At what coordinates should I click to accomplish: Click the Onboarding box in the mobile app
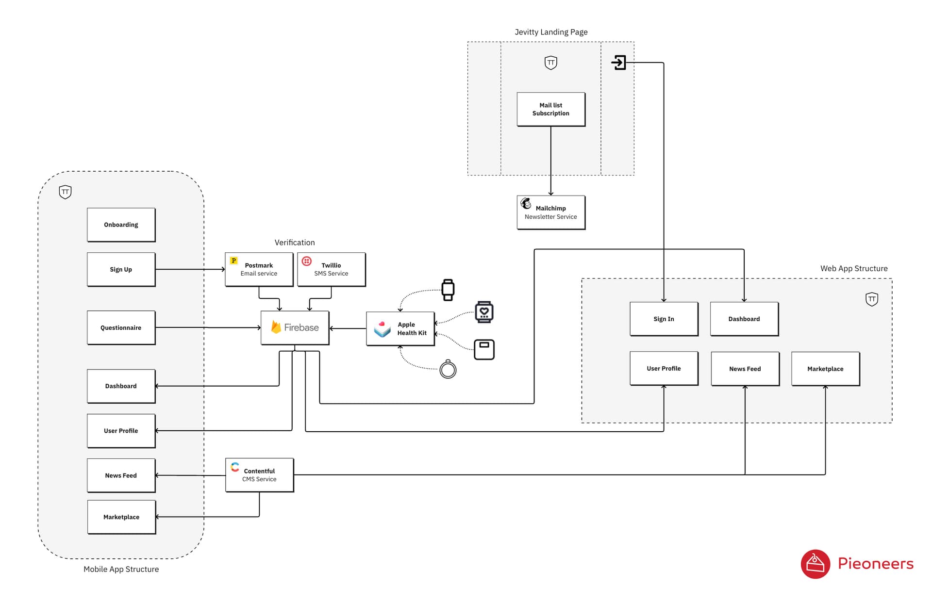pyautogui.click(x=121, y=225)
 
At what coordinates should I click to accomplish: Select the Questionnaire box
pyautogui.click(x=121, y=327)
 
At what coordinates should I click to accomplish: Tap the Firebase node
pyautogui.click(x=295, y=327)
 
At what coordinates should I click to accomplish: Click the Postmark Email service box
pyautogui.click(x=259, y=269)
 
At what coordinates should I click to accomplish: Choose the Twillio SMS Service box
pyautogui.click(x=331, y=269)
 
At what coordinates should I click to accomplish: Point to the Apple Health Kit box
pyautogui.click(x=400, y=328)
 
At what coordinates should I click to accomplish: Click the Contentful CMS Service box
pyautogui.click(x=259, y=475)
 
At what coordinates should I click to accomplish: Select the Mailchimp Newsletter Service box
pyautogui.click(x=550, y=212)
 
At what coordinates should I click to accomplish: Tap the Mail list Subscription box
pyautogui.click(x=550, y=109)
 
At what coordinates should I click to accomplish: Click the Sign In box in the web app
pyautogui.click(x=664, y=319)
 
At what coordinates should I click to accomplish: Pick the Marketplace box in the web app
pyautogui.click(x=825, y=369)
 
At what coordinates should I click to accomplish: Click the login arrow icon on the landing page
pyautogui.click(x=618, y=63)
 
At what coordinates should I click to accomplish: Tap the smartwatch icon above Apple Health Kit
pyautogui.click(x=448, y=290)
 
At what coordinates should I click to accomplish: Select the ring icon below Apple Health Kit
pyautogui.click(x=448, y=370)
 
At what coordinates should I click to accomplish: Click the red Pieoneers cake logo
pyautogui.click(x=815, y=564)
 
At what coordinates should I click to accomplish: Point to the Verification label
pyautogui.click(x=295, y=243)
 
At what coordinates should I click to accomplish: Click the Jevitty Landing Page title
pyautogui.click(x=551, y=32)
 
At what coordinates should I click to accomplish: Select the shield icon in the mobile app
pyautogui.click(x=65, y=192)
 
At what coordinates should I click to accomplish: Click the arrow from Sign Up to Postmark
pyautogui.click(x=190, y=269)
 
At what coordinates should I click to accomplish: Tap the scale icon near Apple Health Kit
pyautogui.click(x=484, y=349)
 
